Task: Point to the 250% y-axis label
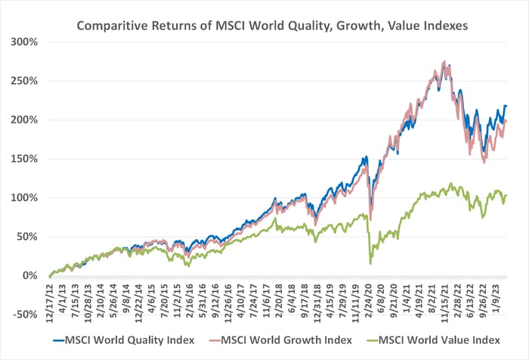click(25, 80)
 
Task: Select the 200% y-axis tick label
click(25, 119)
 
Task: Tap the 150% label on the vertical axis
click(25, 159)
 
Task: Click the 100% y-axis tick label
click(25, 198)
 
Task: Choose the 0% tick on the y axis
click(30, 276)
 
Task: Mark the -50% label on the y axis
click(25, 315)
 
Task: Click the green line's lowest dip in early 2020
click(370, 263)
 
